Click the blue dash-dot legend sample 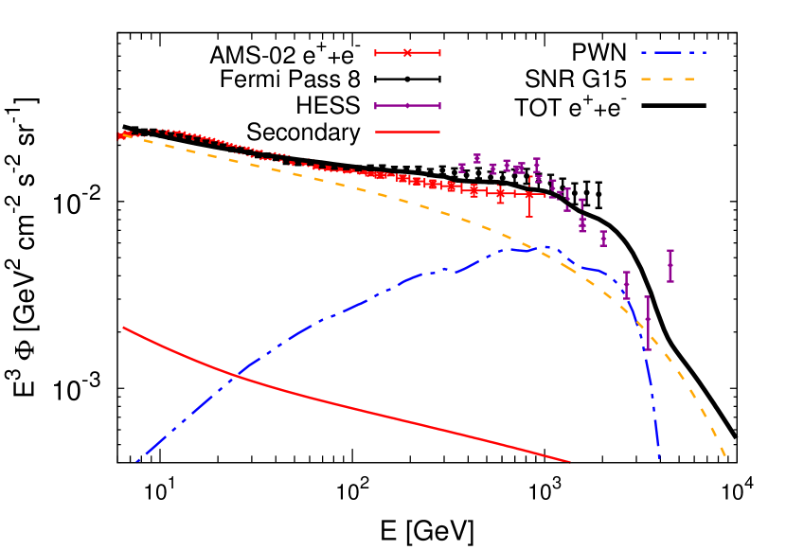pyautogui.click(x=673, y=53)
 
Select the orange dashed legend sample pyautogui.click(x=668, y=80)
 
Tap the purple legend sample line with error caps pyautogui.click(x=407, y=106)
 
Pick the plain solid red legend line pyautogui.click(x=407, y=133)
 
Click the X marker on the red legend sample pyautogui.click(x=407, y=53)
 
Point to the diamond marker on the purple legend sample pyautogui.click(x=407, y=106)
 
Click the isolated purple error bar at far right pyautogui.click(x=670, y=266)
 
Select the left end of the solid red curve pyautogui.click(x=123, y=328)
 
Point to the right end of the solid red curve pyautogui.click(x=569, y=462)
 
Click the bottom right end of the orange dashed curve pyautogui.click(x=725, y=457)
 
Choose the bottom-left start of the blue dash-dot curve pyautogui.click(x=137, y=461)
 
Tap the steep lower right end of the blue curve pyautogui.click(x=659, y=458)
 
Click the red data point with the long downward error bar pyautogui.click(x=529, y=195)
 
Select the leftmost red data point pyautogui.click(x=121, y=136)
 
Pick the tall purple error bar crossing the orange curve pyautogui.click(x=648, y=323)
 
